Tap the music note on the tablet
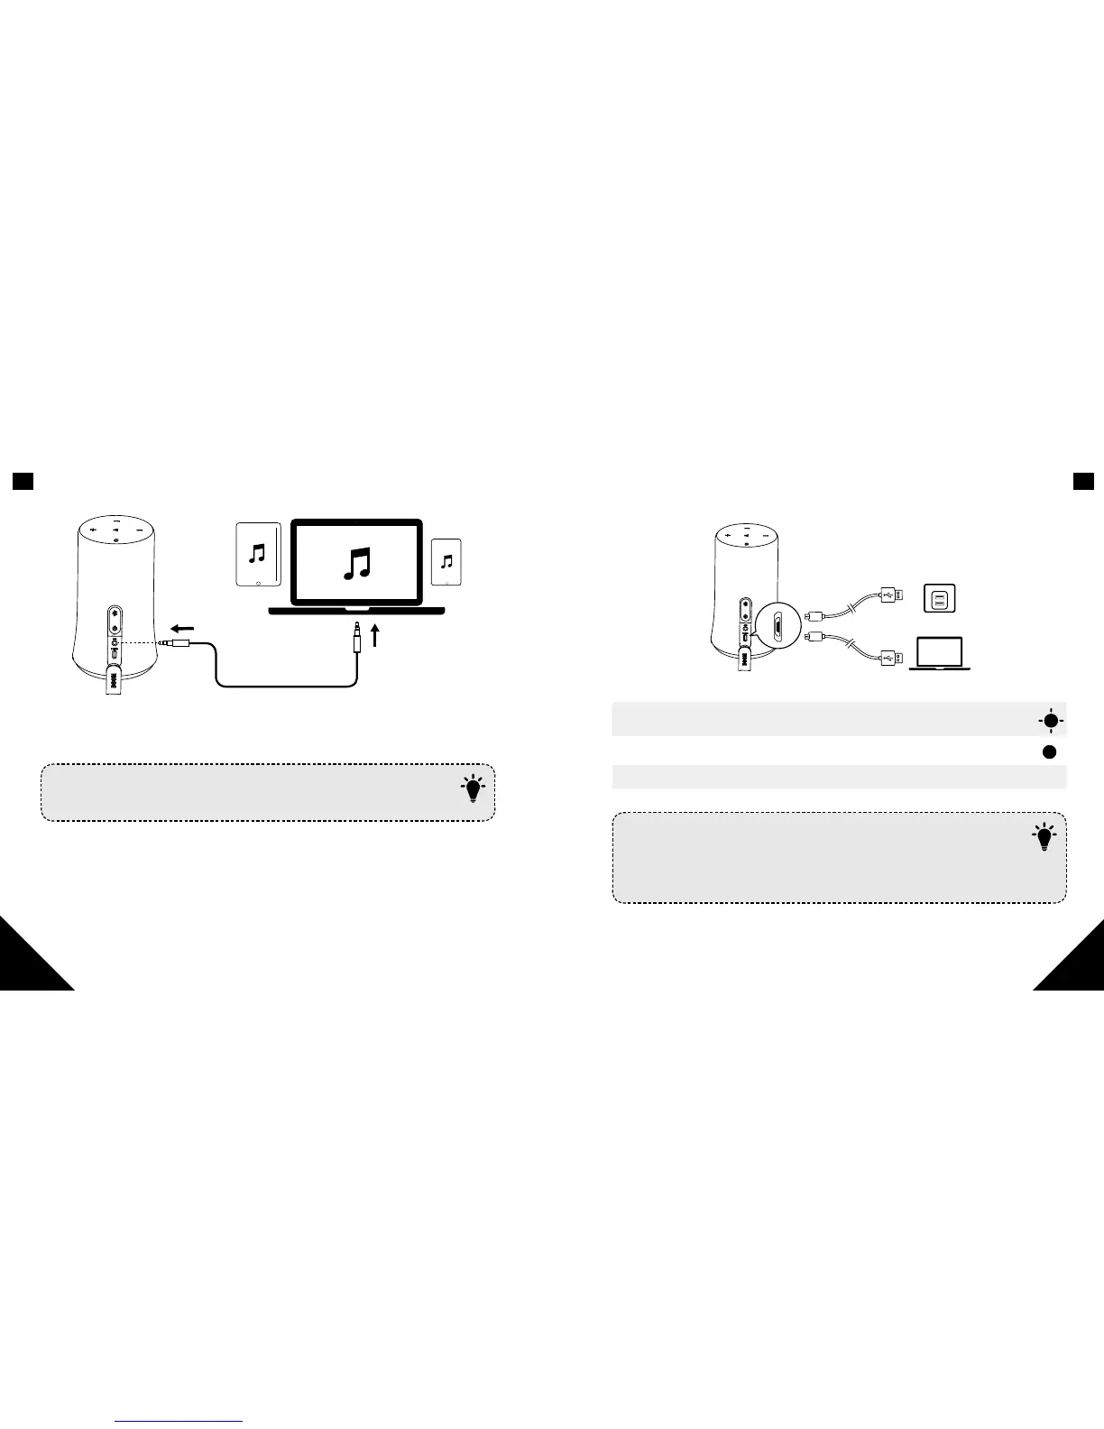259,552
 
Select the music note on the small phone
446,562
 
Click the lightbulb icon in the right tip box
1044,837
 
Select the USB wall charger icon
939,598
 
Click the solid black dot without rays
1050,752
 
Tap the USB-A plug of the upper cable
888,595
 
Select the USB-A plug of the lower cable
888,658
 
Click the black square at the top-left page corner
23,482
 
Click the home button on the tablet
259,583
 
